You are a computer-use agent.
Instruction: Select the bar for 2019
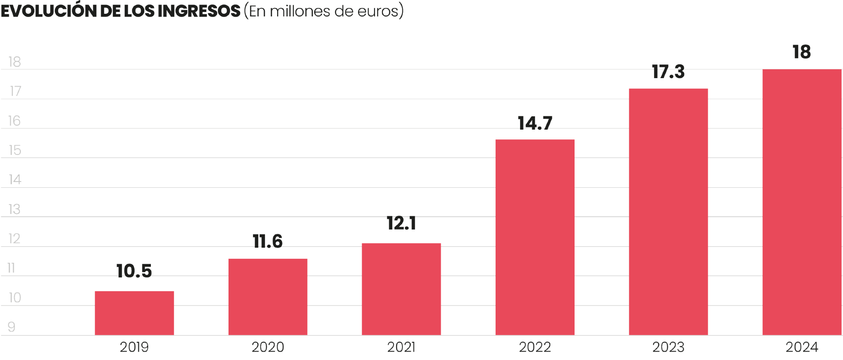pos(134,313)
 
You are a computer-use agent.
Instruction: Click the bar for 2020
pos(268,297)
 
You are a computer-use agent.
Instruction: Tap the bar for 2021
pos(401,289)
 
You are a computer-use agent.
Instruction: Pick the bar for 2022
pos(535,237)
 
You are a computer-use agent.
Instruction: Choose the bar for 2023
pos(668,211)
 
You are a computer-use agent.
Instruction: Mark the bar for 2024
pos(802,202)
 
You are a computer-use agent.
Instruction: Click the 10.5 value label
pos(134,271)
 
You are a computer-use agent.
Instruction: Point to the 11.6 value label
pos(268,241)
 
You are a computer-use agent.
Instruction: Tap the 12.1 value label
pos(401,223)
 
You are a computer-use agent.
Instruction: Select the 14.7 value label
pos(535,123)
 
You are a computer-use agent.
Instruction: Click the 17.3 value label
pos(668,72)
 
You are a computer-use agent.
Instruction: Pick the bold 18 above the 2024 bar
pos(802,52)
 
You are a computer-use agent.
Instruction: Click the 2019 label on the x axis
pos(134,347)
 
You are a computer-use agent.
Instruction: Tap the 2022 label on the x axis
pos(535,347)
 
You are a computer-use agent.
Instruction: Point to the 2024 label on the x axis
pos(802,347)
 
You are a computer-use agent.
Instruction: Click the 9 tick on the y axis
pos(12,327)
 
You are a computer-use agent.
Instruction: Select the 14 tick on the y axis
pos(15,180)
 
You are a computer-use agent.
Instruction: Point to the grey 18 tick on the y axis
pos(15,62)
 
